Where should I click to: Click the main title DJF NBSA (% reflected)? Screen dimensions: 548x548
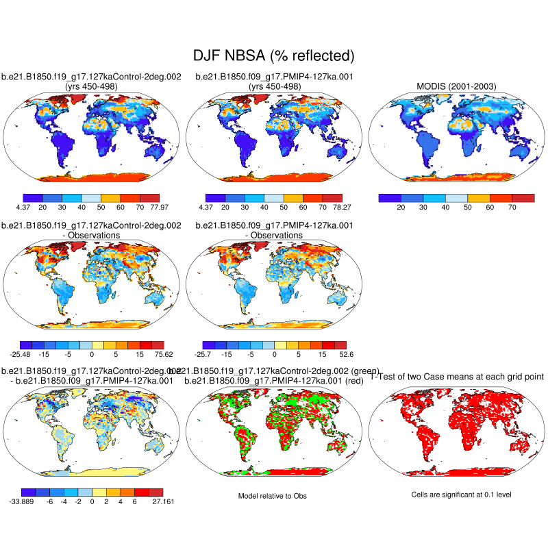tap(274, 55)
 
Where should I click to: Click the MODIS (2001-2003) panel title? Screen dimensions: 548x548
tap(456, 86)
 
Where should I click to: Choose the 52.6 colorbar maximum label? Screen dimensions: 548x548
tap(346, 354)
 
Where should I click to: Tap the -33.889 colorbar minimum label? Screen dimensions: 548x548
tap(23, 502)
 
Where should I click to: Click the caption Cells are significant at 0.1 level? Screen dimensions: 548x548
tap(456, 495)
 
